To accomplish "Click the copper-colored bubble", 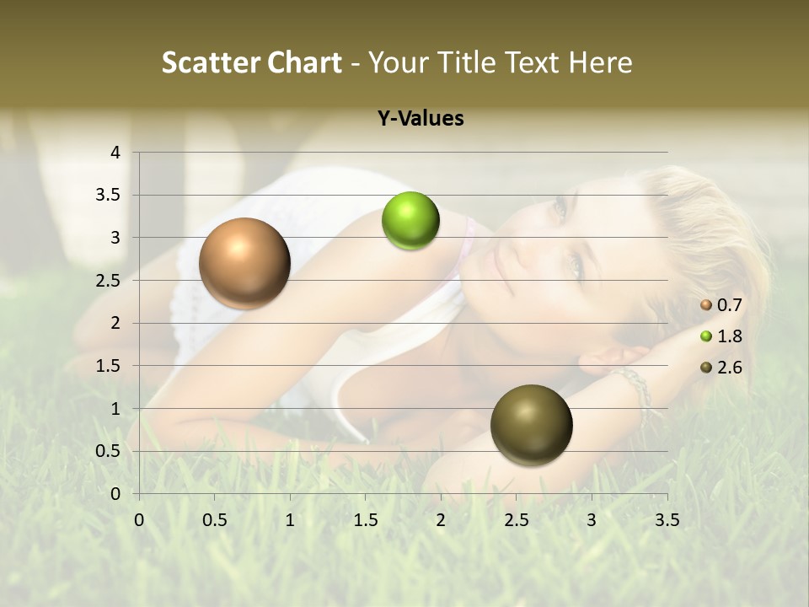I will [244, 263].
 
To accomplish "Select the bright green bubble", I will [410, 221].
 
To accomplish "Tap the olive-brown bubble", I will [531, 425].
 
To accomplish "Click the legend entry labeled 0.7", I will [721, 305].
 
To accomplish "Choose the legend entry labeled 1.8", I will [721, 336].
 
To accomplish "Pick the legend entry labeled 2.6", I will [721, 368].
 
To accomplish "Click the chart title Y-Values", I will [421, 119].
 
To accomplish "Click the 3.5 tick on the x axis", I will [667, 520].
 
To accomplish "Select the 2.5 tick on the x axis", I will [516, 520].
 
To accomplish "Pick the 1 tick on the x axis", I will [290, 520].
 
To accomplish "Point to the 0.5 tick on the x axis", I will [214, 520].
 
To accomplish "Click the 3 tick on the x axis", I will [592, 520].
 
